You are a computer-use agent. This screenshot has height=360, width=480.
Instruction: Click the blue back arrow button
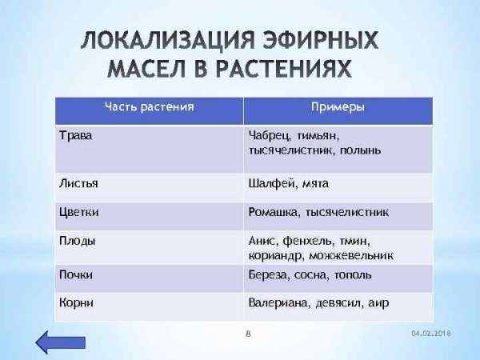click(x=56, y=342)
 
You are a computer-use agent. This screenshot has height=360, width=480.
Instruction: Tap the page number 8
click(x=248, y=332)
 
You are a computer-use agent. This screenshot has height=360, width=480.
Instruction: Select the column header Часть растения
click(x=150, y=106)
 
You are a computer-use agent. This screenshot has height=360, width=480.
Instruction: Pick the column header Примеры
click(x=338, y=106)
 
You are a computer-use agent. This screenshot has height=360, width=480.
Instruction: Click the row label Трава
click(x=76, y=135)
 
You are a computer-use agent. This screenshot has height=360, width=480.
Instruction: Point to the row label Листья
click(x=78, y=183)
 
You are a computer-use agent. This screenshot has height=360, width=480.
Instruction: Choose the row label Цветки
click(x=79, y=213)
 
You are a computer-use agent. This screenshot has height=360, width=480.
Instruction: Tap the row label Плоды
click(x=78, y=240)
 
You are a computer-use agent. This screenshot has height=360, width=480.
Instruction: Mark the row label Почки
click(x=77, y=274)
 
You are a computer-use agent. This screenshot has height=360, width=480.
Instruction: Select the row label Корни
click(x=77, y=302)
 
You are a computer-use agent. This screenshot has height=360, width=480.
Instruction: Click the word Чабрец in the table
click(x=270, y=135)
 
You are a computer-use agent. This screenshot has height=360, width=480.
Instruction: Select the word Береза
click(x=270, y=274)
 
